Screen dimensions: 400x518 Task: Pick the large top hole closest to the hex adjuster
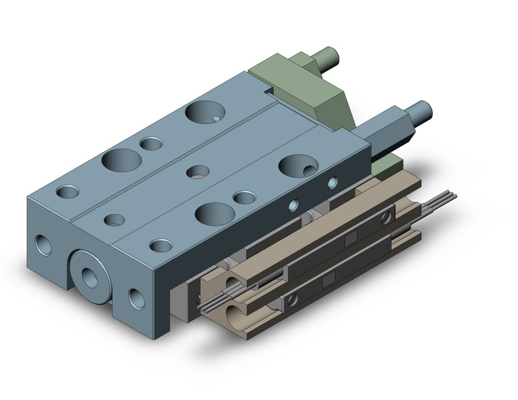point(298,166)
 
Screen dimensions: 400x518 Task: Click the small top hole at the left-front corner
point(67,192)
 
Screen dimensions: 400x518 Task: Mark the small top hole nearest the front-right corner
point(162,245)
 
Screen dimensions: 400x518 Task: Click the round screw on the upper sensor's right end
point(386,217)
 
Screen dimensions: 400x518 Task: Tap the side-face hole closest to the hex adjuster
point(332,183)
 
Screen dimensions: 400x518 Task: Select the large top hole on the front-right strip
point(215,213)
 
